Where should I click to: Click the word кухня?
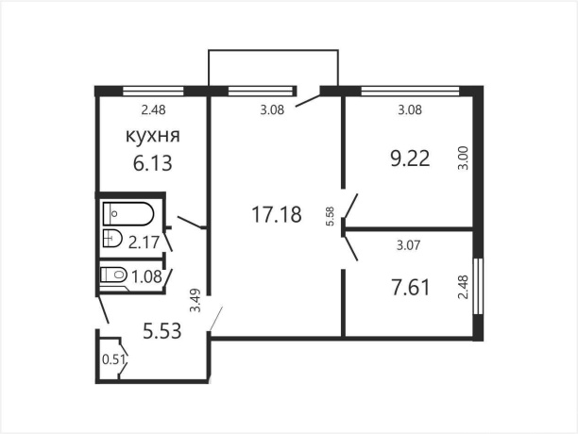click(x=153, y=138)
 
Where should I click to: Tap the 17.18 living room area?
click(x=276, y=215)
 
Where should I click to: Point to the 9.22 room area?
click(x=410, y=159)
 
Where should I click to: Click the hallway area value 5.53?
click(x=161, y=331)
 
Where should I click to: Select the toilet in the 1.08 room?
click(x=114, y=275)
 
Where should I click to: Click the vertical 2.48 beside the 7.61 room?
click(x=463, y=286)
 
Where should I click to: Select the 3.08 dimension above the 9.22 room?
click(x=409, y=110)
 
